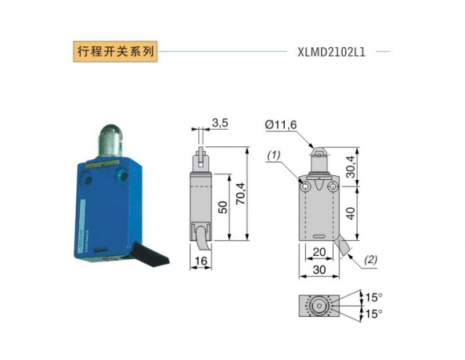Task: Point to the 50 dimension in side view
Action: click(x=224, y=206)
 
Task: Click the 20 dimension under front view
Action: click(x=319, y=253)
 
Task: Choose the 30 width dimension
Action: click(x=319, y=270)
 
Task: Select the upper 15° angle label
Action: click(x=373, y=298)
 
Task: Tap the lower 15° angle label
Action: click(x=373, y=313)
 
